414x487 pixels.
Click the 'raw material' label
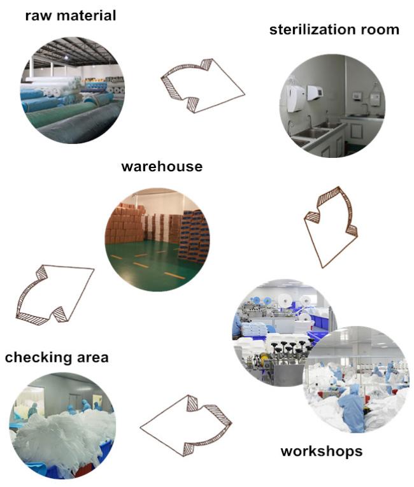pos(71,16)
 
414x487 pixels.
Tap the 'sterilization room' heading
pos(334,30)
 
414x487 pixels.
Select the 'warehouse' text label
pos(162,167)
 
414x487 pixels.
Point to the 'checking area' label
pos(57,358)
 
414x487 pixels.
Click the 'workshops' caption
pos(322,451)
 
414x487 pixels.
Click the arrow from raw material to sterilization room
pos(203,86)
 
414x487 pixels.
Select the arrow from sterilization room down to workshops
pos(331,227)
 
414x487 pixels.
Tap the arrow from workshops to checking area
pos(185,426)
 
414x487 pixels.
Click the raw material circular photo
pos(73,90)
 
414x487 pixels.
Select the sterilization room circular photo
pos(332,106)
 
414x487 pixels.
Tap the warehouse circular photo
pos(157,239)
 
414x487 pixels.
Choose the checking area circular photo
pos(62,426)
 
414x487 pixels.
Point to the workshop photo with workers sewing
pos(356,379)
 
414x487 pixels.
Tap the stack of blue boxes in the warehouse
pos(194,236)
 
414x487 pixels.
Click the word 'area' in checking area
pos(92,358)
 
